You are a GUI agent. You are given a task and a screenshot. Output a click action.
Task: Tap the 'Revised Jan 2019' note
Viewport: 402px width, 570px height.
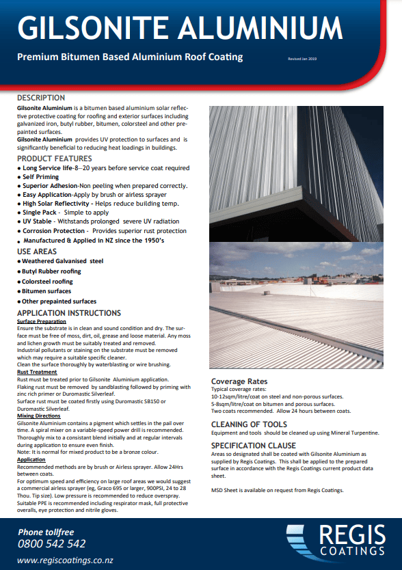click(x=304, y=59)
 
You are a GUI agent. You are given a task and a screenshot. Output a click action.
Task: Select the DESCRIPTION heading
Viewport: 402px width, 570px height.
click(x=41, y=98)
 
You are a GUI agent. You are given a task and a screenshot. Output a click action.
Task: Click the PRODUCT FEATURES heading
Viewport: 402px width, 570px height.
click(x=54, y=159)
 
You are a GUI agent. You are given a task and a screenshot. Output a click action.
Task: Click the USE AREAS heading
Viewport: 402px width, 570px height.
click(x=38, y=252)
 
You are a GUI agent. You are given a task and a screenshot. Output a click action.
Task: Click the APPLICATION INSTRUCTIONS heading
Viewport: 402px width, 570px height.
click(x=68, y=313)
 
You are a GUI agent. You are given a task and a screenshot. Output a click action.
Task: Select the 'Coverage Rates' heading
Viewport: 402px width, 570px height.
click(x=239, y=381)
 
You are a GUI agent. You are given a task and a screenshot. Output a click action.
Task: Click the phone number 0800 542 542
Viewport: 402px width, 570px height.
click(x=52, y=544)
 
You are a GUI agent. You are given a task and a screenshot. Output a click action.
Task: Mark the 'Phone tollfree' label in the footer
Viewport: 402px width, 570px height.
click(x=46, y=532)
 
